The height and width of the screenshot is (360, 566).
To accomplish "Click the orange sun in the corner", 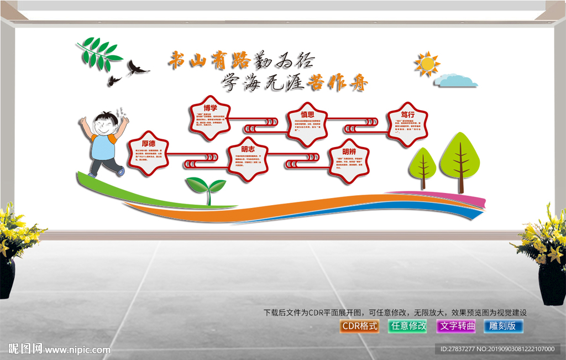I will (x=427, y=64).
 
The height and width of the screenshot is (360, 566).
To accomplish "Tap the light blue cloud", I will (x=455, y=81).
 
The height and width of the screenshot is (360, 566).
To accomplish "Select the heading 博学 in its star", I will (x=210, y=108).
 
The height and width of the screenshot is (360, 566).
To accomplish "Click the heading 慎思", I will (x=308, y=114).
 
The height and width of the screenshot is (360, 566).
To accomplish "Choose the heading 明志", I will (x=248, y=149).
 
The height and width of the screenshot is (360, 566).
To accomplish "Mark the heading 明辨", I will (x=349, y=152).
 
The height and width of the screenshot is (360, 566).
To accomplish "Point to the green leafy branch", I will (x=98, y=54).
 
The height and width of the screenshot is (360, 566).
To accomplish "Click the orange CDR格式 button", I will (x=360, y=326).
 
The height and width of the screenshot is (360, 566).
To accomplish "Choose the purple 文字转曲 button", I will (x=456, y=326).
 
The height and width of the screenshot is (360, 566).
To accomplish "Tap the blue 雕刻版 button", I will (x=503, y=326).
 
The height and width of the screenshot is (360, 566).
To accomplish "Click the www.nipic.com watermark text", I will (x=77, y=349).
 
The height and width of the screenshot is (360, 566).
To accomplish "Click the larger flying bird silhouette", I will (x=138, y=69).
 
